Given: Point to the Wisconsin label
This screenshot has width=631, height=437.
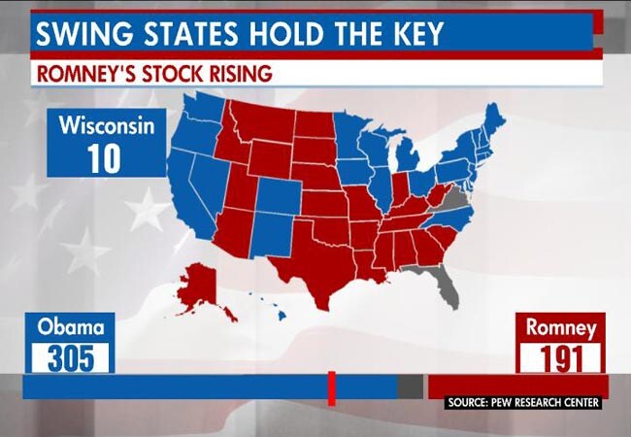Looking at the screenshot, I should [106, 125].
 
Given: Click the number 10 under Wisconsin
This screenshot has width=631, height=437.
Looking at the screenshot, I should [104, 158].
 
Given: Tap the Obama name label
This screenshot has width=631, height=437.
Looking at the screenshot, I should [70, 327].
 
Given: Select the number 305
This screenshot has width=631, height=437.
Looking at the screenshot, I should [70, 358].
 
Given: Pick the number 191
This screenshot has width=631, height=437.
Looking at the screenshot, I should [560, 358].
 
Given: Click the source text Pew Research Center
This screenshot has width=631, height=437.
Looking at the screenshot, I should [524, 402].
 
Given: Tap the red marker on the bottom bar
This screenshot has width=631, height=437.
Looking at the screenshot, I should [331, 387].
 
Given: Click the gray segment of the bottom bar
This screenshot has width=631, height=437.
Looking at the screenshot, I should [410, 387].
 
